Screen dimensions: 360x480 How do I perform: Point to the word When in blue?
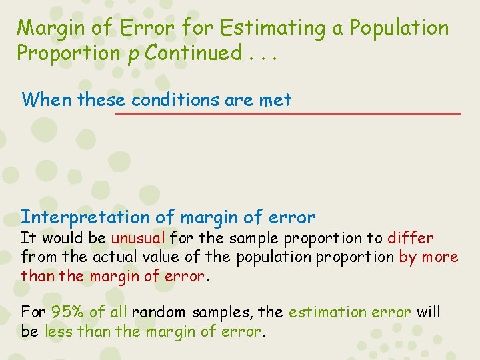[47, 100]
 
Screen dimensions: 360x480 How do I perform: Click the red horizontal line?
[287, 114]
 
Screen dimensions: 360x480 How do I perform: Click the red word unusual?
[138, 238]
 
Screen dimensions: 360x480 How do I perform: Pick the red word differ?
[410, 238]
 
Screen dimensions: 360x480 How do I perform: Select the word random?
[157, 312]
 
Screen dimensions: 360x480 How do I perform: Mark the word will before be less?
[429, 312]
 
